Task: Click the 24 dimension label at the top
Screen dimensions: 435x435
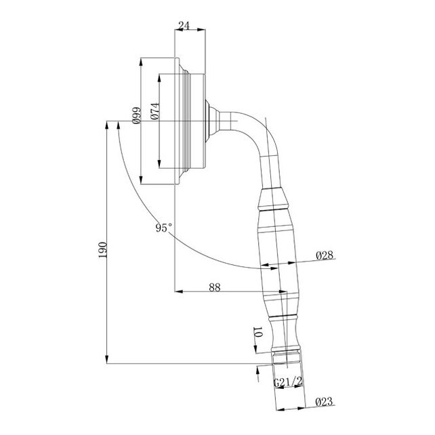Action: (184, 26)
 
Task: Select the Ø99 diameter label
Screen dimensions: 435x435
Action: (136, 115)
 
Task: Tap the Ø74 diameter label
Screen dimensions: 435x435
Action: (155, 111)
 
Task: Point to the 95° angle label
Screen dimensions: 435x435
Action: (164, 228)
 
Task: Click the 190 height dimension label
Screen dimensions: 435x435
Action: (102, 249)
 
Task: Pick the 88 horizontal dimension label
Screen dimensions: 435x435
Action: (215, 287)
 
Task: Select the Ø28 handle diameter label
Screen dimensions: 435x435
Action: (325, 255)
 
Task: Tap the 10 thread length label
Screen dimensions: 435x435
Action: (257, 332)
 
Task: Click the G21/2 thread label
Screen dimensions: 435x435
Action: (288, 381)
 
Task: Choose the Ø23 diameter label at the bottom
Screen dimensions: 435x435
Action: (324, 401)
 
